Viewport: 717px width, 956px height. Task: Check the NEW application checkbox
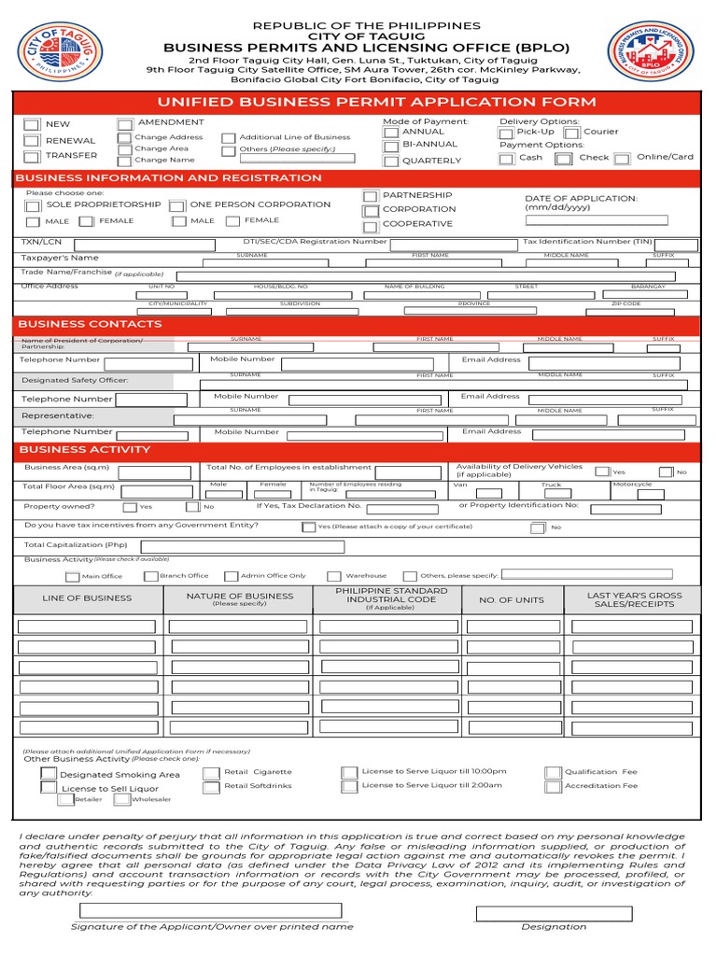32,124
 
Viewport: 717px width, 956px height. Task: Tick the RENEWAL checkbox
32,141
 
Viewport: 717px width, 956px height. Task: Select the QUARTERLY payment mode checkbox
390,161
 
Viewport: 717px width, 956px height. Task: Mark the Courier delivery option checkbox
571,133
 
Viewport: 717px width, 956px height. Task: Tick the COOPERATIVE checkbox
371,225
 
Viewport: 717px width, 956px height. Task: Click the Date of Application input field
597,221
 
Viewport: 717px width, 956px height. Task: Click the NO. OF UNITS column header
512,600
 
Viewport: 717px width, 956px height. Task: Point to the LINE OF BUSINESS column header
88,598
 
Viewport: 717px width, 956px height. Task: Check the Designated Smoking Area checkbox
47,774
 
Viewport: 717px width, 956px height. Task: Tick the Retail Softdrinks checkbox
212,787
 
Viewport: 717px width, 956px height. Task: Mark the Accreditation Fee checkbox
554,786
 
